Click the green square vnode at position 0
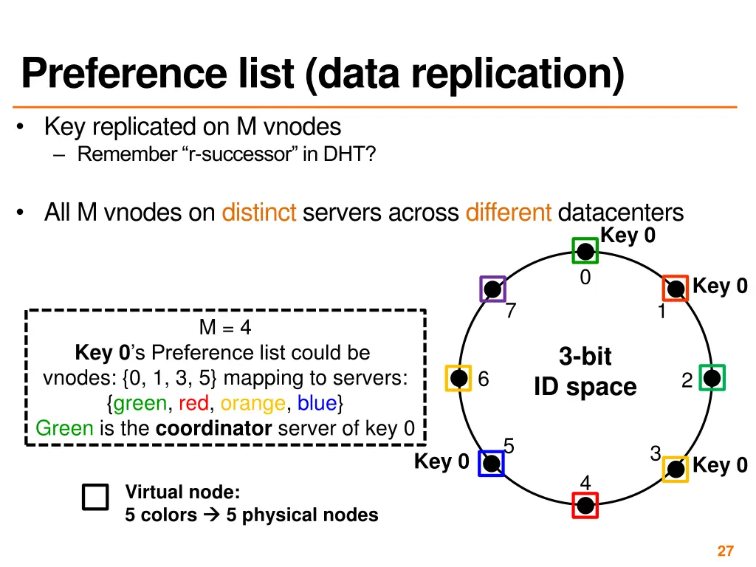coord(585,251)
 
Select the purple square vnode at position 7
coord(492,289)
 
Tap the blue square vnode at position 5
coord(491,463)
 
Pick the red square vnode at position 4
coord(585,506)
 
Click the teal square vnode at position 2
coord(712,378)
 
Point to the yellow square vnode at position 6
coord(458,378)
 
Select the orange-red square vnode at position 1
coord(675,288)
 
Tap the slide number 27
coord(725,551)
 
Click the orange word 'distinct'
coord(259,213)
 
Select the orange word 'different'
coord(509,213)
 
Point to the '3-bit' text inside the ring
coord(585,357)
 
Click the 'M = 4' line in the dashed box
coord(225,328)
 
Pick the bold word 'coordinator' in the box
coord(214,428)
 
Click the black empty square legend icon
coord(95,498)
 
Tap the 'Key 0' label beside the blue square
coord(441,461)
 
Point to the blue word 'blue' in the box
coord(317,403)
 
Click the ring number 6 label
coord(484,379)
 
